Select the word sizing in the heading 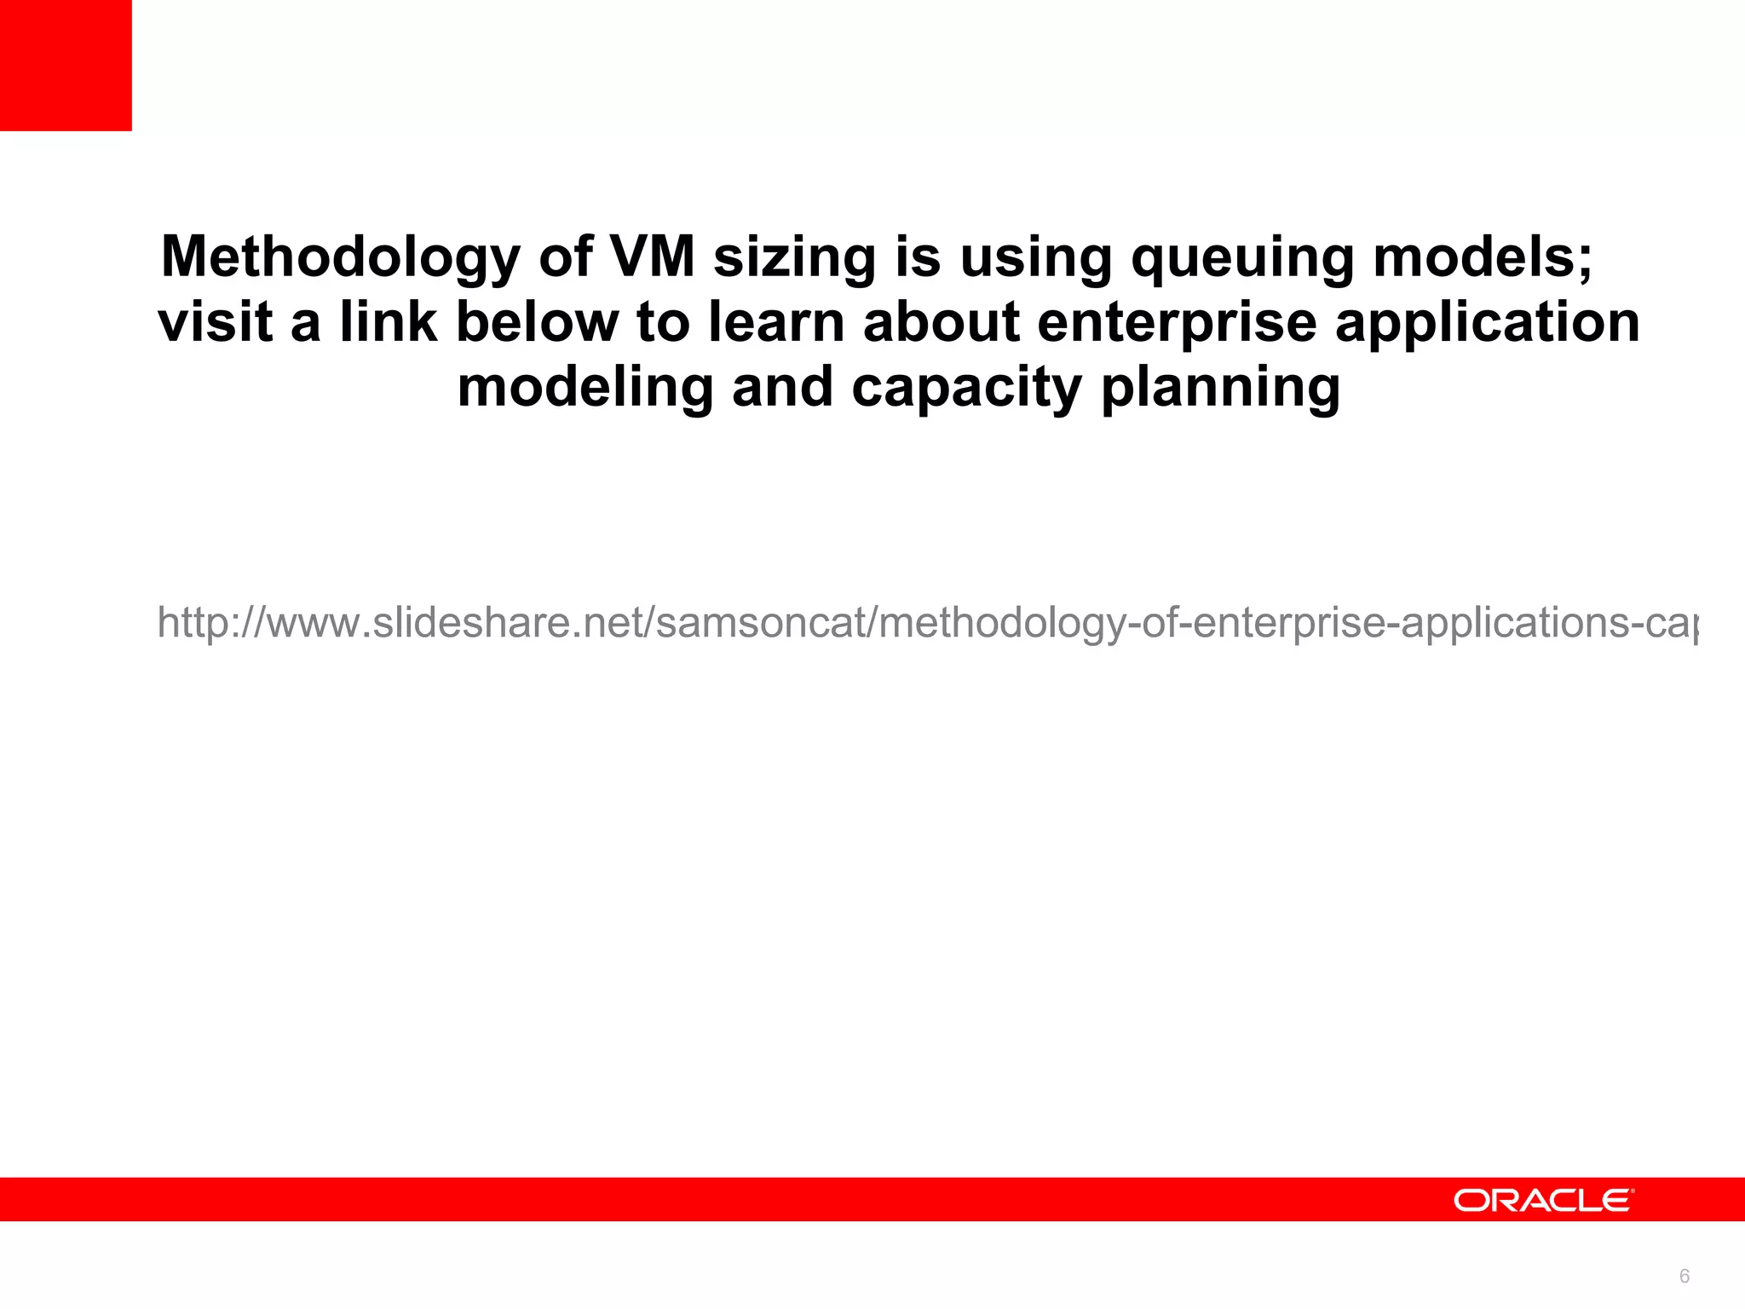794,257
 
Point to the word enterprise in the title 1177,324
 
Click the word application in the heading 1487,324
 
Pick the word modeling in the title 585,389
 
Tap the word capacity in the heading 966,389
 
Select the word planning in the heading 1220,389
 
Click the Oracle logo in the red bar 1543,1200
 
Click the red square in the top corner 66,66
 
